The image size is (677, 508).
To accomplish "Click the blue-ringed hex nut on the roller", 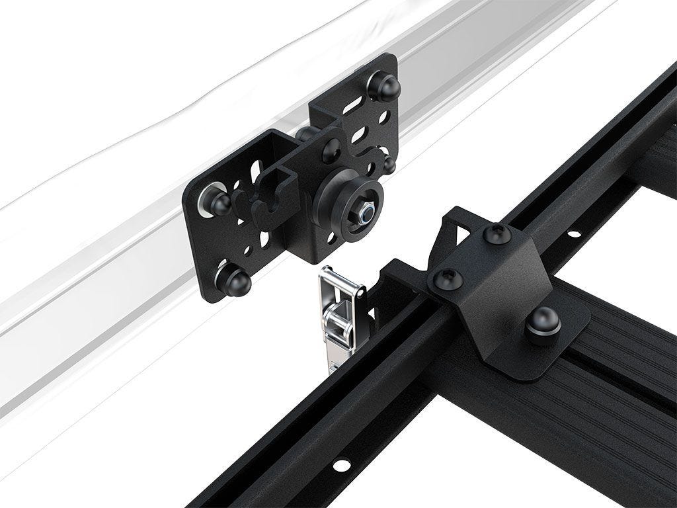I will coord(364,212).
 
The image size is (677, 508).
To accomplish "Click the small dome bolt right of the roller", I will coord(389,164).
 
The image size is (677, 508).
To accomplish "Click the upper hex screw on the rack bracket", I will coord(496,233).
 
